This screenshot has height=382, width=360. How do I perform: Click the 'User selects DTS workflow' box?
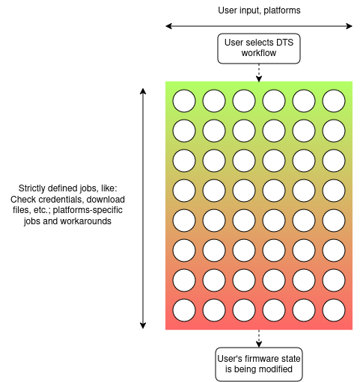click(x=258, y=49)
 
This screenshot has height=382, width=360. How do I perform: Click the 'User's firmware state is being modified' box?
click(x=258, y=363)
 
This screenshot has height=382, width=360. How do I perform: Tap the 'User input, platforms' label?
click(x=258, y=10)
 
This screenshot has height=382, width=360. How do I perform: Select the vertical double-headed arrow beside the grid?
click(x=143, y=207)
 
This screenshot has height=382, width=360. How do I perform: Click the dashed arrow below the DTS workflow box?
click(x=258, y=73)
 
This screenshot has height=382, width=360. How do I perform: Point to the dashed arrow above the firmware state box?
click(x=258, y=339)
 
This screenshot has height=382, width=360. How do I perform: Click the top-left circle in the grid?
click(x=184, y=100)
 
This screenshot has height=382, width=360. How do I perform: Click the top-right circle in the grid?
click(x=334, y=100)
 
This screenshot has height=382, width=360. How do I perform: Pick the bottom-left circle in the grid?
click(x=184, y=309)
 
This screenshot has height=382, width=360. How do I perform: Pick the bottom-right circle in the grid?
click(x=334, y=309)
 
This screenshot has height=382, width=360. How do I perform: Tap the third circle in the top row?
click(x=244, y=100)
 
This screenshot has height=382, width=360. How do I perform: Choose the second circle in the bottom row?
click(x=214, y=309)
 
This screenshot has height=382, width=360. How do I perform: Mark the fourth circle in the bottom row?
click(x=274, y=309)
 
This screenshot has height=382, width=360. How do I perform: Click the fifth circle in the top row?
click(x=304, y=100)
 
